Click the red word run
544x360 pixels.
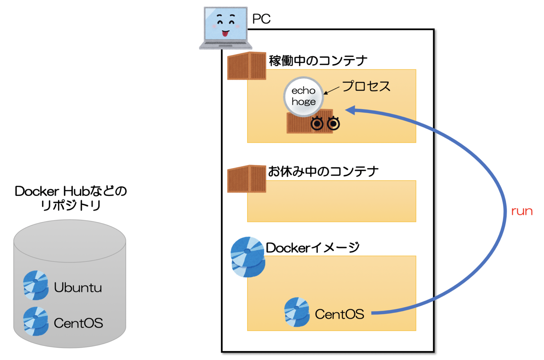click(x=521, y=211)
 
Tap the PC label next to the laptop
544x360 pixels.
click(x=261, y=19)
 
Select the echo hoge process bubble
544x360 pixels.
click(x=304, y=96)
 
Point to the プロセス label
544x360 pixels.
click(x=366, y=86)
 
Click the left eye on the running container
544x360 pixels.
click(x=317, y=123)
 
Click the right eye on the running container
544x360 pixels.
click(x=333, y=123)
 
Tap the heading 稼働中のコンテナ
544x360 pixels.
click(x=318, y=61)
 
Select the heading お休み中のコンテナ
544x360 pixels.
click(x=323, y=171)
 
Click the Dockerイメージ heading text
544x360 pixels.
click(x=312, y=248)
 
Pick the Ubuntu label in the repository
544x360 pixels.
click(x=78, y=287)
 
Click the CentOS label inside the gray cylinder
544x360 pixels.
click(x=78, y=323)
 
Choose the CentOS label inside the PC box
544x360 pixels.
click(x=339, y=314)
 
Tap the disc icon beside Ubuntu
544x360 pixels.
click(x=35, y=285)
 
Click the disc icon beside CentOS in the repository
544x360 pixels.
click(x=35, y=321)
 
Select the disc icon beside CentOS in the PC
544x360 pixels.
click(x=297, y=312)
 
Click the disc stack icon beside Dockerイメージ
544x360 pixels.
click(x=248, y=257)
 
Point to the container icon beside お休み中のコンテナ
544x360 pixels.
click(x=246, y=179)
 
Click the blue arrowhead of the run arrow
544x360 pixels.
click(x=350, y=110)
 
